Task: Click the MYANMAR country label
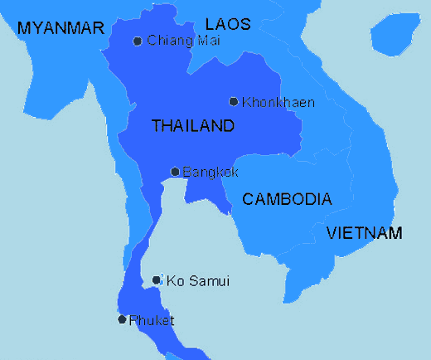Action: (x=61, y=28)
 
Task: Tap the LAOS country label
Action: (x=227, y=24)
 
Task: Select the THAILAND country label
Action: (x=192, y=126)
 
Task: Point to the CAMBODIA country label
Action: (x=287, y=199)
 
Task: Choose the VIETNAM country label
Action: (x=364, y=232)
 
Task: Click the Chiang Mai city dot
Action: (x=138, y=41)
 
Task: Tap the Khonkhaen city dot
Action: (x=234, y=102)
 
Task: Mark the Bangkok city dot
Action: (x=175, y=173)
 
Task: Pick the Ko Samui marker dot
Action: (x=157, y=281)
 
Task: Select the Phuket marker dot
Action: (x=122, y=319)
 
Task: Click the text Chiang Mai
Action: (x=178, y=41)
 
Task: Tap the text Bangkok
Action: (x=211, y=173)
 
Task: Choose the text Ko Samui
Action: (x=197, y=281)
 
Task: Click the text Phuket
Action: (x=152, y=320)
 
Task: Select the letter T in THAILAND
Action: (x=156, y=126)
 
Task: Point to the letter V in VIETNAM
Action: (x=332, y=232)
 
